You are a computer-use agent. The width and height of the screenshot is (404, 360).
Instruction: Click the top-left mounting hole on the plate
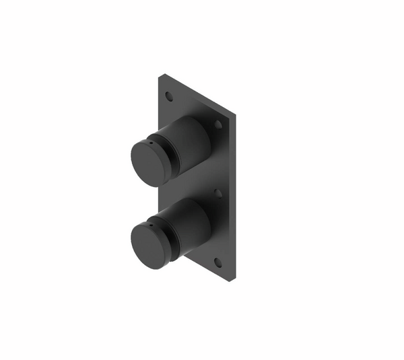coord(169,96)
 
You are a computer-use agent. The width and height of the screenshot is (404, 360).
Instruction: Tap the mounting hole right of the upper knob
coord(218,124)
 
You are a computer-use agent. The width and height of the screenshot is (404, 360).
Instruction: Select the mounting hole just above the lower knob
coord(217,193)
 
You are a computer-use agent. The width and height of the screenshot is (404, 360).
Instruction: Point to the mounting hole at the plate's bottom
coord(217,262)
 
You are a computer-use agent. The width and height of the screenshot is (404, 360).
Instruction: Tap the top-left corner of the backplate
coord(160,75)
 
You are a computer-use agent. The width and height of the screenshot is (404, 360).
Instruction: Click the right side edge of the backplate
coord(234,202)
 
